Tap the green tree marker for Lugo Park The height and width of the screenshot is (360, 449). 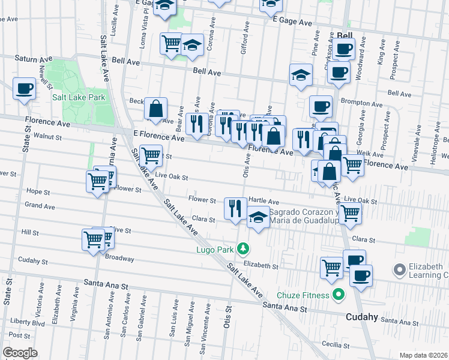243,248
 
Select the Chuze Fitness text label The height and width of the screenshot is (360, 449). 303,295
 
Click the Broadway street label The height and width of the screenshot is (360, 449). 119,259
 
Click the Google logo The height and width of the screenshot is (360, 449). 19,352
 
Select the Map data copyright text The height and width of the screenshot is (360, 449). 423,355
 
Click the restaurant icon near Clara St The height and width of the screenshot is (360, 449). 235,208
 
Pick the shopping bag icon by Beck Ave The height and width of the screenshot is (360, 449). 155,109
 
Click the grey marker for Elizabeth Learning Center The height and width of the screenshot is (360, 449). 399,269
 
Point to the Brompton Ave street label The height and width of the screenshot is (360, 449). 361,103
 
